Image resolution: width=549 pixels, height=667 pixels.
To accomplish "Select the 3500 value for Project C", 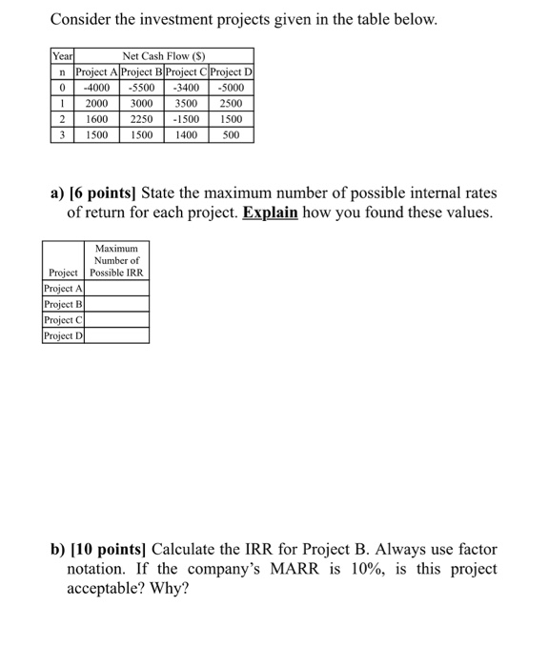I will point(186,104).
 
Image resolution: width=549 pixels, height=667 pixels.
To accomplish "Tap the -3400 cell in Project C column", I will point(186,88).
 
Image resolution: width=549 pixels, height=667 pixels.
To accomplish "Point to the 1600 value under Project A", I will point(97,119).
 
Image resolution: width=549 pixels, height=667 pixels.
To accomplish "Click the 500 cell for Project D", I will point(232,135).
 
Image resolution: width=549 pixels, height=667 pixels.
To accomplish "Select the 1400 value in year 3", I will point(186,135).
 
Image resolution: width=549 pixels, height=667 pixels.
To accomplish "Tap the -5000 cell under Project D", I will point(232,88).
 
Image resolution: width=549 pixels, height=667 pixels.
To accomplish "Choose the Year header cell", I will point(62,56).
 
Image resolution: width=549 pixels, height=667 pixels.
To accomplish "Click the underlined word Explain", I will point(272,212).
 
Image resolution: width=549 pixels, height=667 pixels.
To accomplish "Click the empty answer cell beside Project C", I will point(117,319).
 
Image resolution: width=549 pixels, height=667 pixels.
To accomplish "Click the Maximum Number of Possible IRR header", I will point(117,260).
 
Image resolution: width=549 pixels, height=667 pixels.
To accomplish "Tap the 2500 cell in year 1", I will point(232,104).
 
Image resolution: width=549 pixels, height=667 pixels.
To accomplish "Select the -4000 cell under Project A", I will point(97,88).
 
